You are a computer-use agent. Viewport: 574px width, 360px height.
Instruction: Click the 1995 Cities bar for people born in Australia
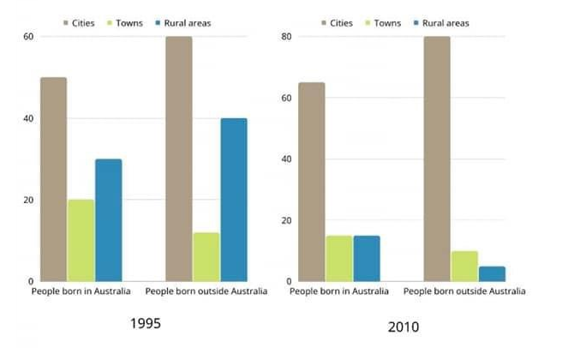tap(53, 179)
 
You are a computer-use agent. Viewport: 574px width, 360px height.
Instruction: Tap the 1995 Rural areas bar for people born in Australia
tap(108, 220)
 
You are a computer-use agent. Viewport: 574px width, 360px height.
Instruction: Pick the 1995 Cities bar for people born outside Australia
tap(178, 159)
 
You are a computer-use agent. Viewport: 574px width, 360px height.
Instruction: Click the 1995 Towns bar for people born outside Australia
tap(206, 257)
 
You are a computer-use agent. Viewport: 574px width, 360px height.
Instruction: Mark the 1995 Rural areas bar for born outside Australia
tap(233, 200)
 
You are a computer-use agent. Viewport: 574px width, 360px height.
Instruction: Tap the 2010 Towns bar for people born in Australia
tap(339, 258)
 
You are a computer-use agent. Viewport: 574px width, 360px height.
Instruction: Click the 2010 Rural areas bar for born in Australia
tap(367, 258)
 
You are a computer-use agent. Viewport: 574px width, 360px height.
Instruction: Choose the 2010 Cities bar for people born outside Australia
tap(437, 159)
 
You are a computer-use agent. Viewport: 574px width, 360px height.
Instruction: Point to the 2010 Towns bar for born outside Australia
tap(464, 266)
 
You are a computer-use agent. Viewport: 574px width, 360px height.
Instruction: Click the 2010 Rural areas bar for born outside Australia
tap(492, 273)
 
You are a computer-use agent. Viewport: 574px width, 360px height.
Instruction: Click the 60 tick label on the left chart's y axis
tap(28, 37)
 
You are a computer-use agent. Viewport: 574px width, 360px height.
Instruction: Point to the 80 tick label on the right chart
tap(287, 37)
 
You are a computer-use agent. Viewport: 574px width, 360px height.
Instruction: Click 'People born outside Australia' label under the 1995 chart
tap(206, 292)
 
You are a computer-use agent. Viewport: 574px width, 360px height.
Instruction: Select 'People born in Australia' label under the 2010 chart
tap(339, 292)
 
